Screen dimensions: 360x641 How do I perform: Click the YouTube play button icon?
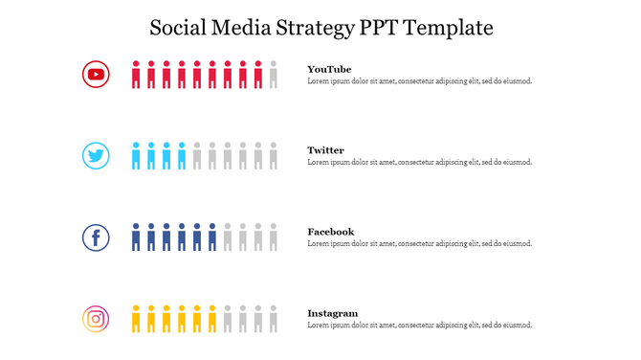coord(96,74)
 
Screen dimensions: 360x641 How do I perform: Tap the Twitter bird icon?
coord(96,156)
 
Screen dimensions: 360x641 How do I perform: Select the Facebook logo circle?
coord(96,237)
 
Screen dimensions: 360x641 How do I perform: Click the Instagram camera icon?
coord(96,319)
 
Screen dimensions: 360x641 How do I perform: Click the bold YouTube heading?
coord(329,69)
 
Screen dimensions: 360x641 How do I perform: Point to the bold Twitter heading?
coord(325,150)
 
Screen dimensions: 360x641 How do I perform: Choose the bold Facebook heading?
coord(330,232)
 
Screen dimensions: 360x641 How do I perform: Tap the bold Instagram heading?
coord(333,313)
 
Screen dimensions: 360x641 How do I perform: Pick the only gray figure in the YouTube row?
coord(274,75)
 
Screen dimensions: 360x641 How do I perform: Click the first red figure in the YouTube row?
coord(136,75)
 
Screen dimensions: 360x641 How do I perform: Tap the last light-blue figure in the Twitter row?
coord(182,156)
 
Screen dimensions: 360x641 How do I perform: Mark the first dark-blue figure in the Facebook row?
coord(136,237)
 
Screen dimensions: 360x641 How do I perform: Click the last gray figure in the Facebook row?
coord(274,237)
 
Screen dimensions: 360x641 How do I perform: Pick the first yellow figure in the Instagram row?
coord(136,319)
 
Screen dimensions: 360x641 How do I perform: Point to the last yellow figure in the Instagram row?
coord(212,319)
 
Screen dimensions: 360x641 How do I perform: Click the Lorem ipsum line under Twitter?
coord(419,163)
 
